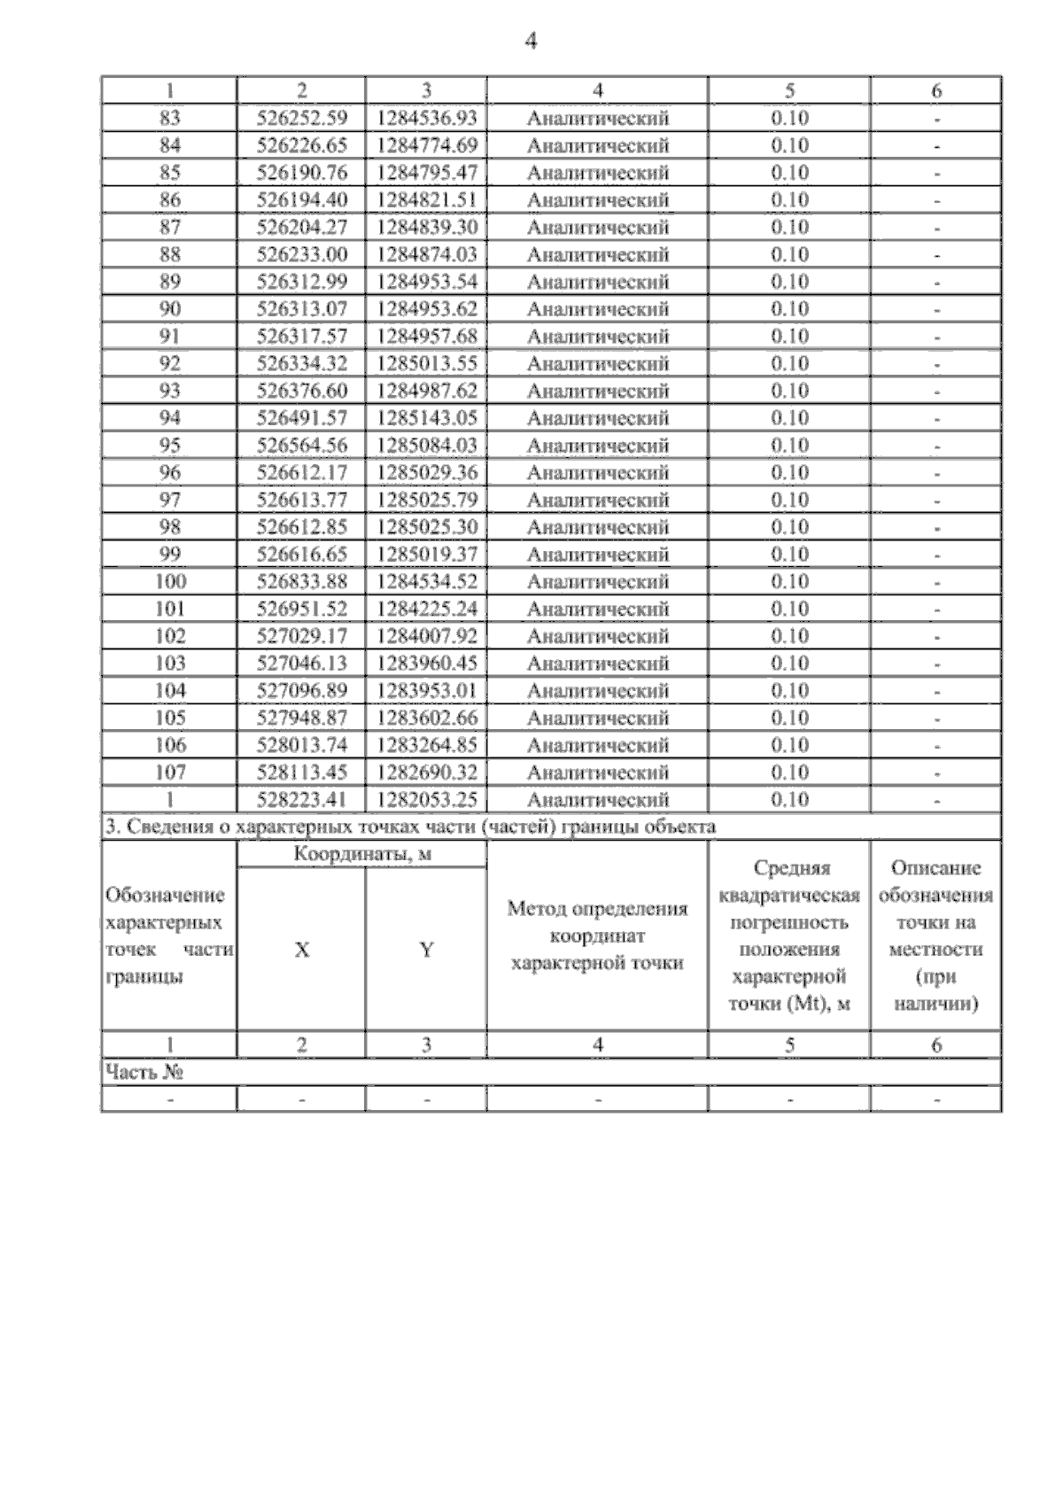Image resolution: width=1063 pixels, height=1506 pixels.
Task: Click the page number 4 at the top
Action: (531, 41)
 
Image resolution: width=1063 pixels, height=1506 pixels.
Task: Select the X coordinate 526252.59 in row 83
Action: (302, 118)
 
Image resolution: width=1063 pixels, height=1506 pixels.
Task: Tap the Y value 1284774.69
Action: (427, 145)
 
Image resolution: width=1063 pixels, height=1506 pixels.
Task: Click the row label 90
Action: (169, 309)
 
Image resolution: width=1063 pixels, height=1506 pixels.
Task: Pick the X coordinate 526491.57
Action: (302, 418)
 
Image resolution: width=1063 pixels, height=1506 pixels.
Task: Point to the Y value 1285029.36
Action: (427, 473)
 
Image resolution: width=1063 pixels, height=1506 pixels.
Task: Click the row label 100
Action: (169, 582)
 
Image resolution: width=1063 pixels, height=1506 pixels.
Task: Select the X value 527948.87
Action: (302, 718)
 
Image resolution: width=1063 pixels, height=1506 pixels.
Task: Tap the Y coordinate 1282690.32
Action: (427, 772)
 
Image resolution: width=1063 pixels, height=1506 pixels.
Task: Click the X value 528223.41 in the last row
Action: (302, 800)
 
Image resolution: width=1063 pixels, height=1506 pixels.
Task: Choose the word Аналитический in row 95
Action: (598, 446)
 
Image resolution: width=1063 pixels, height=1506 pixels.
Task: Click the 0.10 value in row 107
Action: (789, 772)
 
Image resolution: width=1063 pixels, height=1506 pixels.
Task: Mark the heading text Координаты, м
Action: (362, 855)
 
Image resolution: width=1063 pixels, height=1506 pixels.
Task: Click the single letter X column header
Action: (302, 950)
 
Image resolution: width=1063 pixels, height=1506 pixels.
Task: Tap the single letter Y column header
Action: (427, 950)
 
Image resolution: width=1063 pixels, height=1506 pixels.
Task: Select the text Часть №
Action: (144, 1073)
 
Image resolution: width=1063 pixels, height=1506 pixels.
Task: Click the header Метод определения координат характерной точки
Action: (598, 935)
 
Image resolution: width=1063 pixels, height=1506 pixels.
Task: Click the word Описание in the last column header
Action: (936, 868)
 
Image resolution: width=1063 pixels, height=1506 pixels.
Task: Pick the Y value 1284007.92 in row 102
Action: (427, 636)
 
